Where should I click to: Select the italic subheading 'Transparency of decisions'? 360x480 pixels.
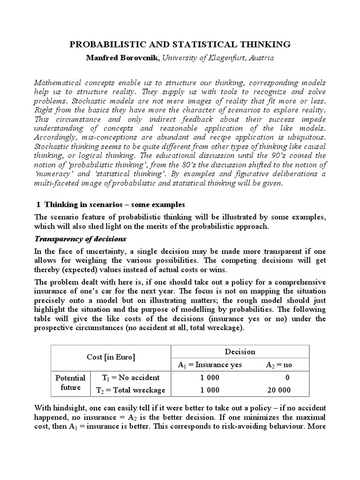click(77, 239)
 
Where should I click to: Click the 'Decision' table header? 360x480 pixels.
click(240, 351)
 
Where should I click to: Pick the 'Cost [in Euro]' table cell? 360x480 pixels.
click(111, 358)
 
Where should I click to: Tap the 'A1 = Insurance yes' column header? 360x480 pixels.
click(210, 365)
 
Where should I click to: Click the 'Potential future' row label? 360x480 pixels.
click(70, 383)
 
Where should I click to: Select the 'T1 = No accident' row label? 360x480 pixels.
click(131, 378)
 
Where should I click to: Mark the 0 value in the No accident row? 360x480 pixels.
click(287, 378)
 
